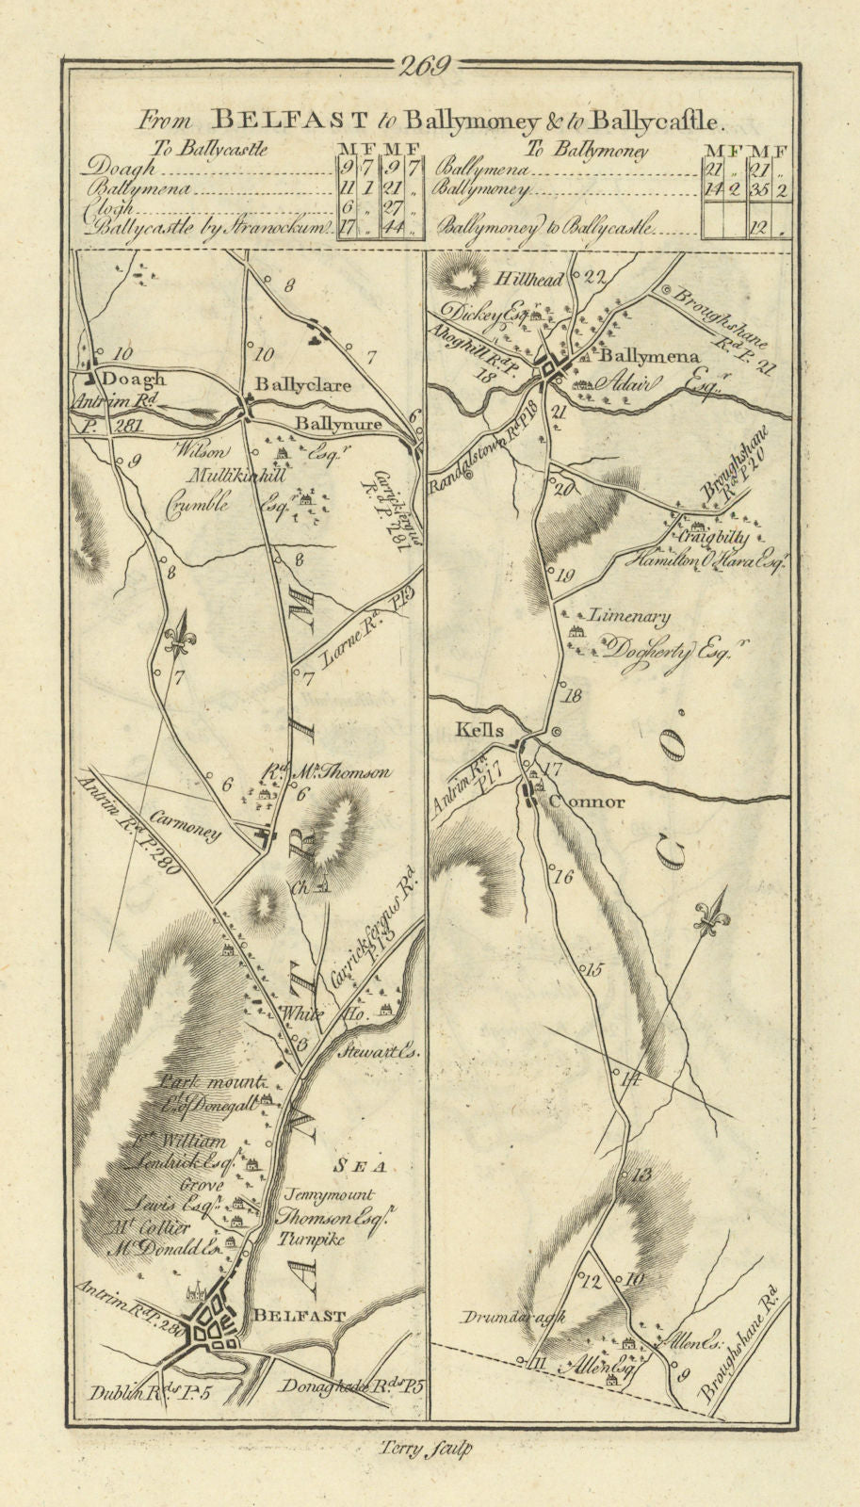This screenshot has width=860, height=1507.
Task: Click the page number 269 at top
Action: click(426, 66)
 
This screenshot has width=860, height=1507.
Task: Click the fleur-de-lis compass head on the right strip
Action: click(707, 914)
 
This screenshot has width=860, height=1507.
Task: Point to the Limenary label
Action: click(629, 617)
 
